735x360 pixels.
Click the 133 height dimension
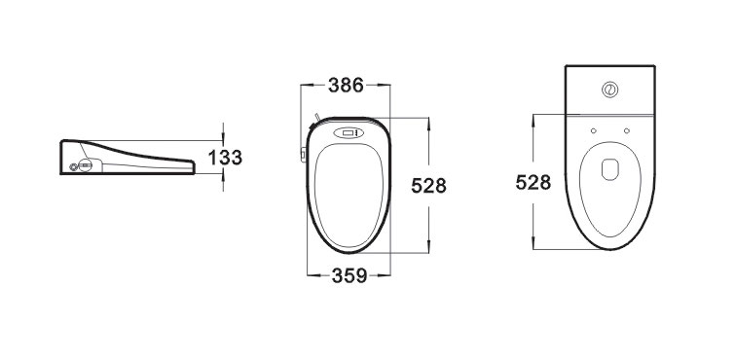pos(225,158)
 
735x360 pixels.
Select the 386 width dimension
pos(346,86)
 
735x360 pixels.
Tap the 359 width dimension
pos(349,275)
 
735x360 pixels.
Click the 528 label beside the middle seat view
pos(429,186)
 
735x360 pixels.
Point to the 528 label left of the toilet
pos(533,182)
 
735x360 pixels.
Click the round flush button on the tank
pos(609,90)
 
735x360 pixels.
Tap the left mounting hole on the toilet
pos(594,130)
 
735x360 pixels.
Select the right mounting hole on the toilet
pos(627,130)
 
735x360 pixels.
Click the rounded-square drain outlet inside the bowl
pos(610,169)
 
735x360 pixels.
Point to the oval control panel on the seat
pos(349,133)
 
